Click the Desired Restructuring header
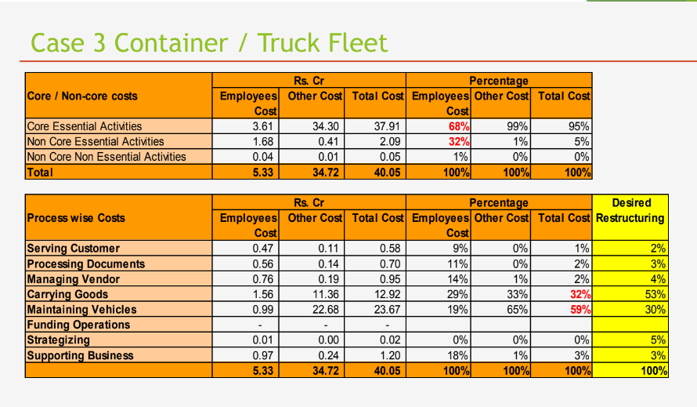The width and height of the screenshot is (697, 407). pyautogui.click(x=630, y=210)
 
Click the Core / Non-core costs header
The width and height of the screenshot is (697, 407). pyautogui.click(x=82, y=96)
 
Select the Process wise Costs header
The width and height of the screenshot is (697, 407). pyautogui.click(x=76, y=217)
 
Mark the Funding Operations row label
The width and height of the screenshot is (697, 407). pyautogui.click(x=78, y=325)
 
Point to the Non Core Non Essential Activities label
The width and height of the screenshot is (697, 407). pyautogui.click(x=107, y=157)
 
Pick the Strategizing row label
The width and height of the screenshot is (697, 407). pyautogui.click(x=59, y=340)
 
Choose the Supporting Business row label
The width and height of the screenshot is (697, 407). pyautogui.click(x=81, y=355)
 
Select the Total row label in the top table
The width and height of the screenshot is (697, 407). pyautogui.click(x=41, y=172)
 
